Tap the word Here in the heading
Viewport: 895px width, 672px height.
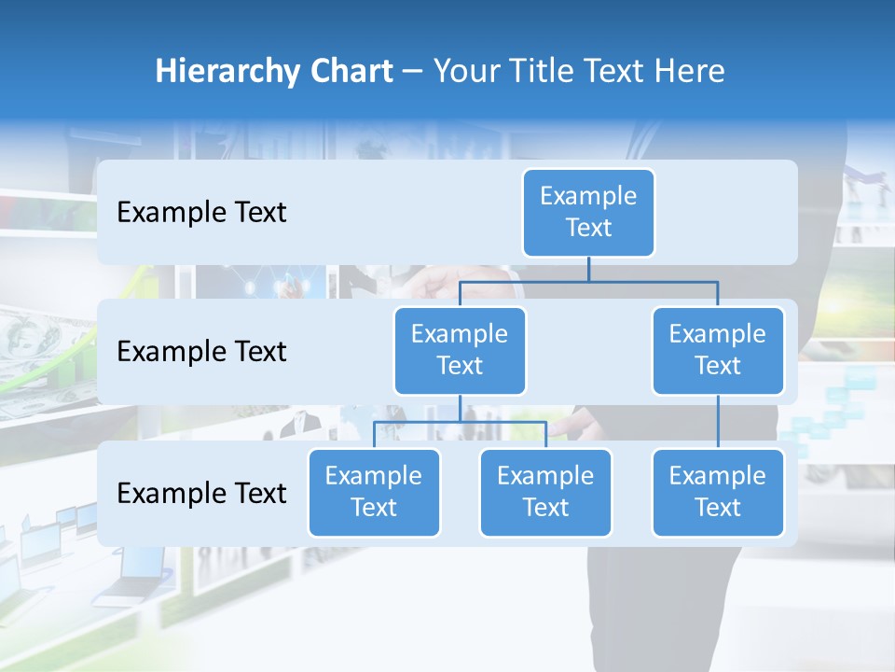click(689, 72)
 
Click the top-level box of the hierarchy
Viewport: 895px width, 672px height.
click(588, 212)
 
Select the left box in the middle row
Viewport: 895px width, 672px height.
click(460, 350)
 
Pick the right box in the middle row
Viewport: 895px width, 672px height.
click(718, 350)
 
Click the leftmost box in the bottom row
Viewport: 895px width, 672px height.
click(374, 492)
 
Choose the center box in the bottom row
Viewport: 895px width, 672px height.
click(545, 492)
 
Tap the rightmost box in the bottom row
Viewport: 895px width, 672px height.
click(718, 492)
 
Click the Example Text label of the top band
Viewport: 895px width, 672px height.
click(201, 213)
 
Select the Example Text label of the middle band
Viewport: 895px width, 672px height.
click(201, 352)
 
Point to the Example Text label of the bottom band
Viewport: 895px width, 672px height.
click(201, 493)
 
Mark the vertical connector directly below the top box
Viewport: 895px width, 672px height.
click(588, 269)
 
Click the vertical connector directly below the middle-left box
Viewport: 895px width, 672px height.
click(460, 408)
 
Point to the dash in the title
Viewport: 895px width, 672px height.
click(413, 73)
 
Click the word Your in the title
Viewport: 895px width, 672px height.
click(465, 72)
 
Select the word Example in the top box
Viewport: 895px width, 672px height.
click(588, 196)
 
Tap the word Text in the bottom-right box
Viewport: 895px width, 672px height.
click(718, 508)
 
